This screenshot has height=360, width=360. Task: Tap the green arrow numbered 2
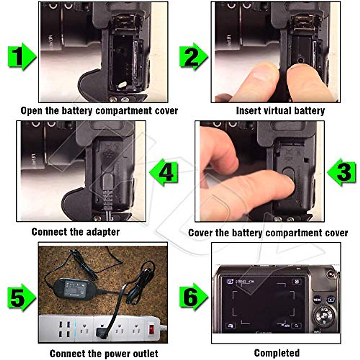pos(193,57)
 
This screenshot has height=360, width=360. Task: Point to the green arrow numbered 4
pos(164,172)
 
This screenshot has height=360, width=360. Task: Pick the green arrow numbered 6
pos(193,297)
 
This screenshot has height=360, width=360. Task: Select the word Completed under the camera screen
pos(277,353)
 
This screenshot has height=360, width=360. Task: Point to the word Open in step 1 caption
pos(31,111)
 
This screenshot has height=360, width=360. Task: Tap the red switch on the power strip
pos(152,329)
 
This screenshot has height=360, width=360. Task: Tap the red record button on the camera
pos(331,274)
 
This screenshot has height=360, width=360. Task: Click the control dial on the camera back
pos(324,316)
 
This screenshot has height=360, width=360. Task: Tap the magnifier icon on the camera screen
pos(296,325)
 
